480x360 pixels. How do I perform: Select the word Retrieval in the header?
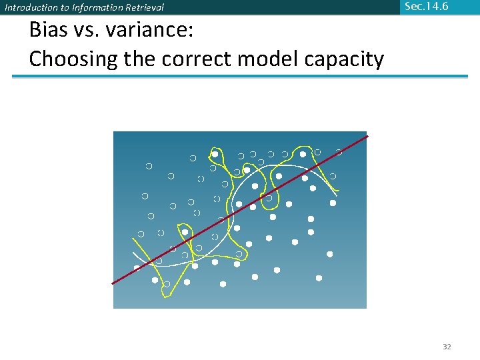[143, 8]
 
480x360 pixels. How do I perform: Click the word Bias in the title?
[49, 31]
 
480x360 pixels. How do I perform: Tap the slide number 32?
[447, 347]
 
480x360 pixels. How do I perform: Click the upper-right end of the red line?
[367, 136]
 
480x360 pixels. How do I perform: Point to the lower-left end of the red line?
[112, 284]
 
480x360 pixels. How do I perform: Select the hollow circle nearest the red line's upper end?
[339, 153]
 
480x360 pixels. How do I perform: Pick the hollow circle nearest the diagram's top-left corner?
[149, 165]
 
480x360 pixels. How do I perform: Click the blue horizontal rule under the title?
[240, 76]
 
